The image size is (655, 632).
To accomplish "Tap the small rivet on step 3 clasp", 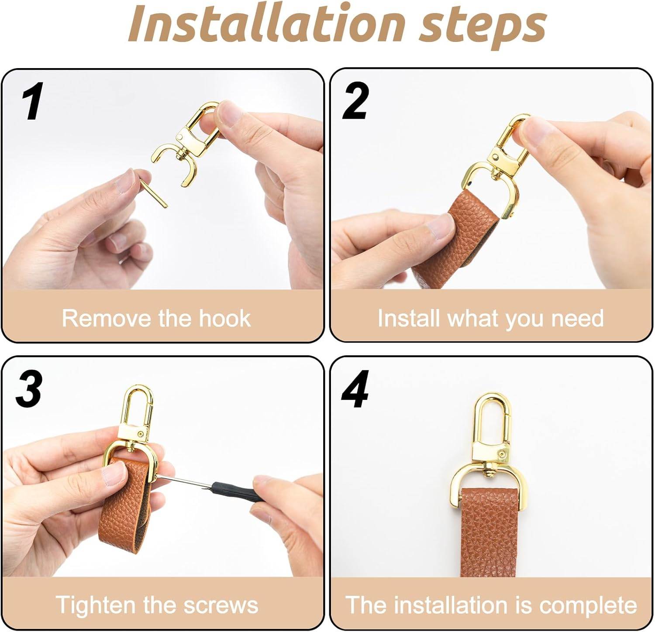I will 141,433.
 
